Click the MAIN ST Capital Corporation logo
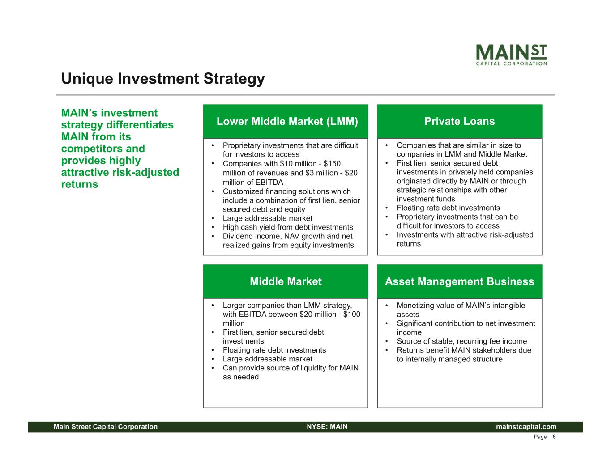pyautogui.click(x=511, y=55)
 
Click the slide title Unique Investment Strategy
pyautogui.click(x=163, y=79)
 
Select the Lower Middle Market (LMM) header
pyautogui.click(x=287, y=121)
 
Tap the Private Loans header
pyautogui.click(x=459, y=121)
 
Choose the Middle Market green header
pyautogui.click(x=286, y=281)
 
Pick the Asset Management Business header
pyautogui.click(x=459, y=281)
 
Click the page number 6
pyautogui.click(x=554, y=437)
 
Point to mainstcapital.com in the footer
pyautogui.click(x=526, y=427)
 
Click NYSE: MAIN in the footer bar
pyautogui.click(x=327, y=427)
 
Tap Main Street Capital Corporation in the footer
pyautogui.click(x=106, y=427)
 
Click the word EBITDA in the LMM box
pyautogui.click(x=268, y=183)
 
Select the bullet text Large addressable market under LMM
pyautogui.click(x=267, y=218)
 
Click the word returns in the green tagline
pyautogui.click(x=80, y=184)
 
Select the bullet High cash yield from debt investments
pyautogui.click(x=288, y=227)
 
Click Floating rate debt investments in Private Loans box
pyautogui.click(x=448, y=208)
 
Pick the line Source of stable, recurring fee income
pyautogui.click(x=461, y=341)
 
